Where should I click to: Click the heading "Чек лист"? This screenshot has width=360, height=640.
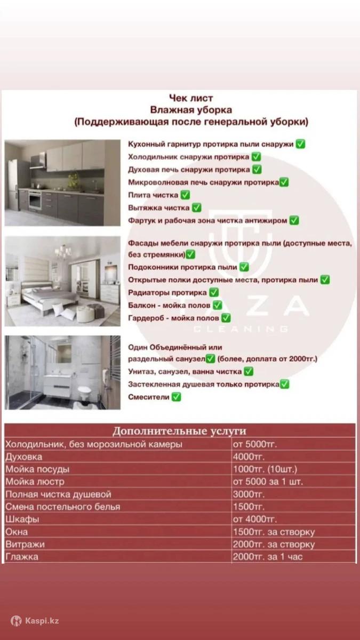pyautogui.click(x=190, y=98)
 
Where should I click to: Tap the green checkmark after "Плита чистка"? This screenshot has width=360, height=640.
pyautogui.click(x=186, y=195)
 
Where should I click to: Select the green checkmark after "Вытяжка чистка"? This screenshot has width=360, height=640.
pyautogui.click(x=196, y=207)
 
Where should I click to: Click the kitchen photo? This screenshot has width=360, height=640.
pyautogui.click(x=62, y=182)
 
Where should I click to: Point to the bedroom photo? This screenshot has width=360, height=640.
pyautogui.click(x=62, y=281)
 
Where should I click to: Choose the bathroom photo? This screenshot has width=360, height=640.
pyautogui.click(x=62, y=372)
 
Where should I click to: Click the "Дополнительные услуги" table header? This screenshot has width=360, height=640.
pyautogui.click(x=179, y=431)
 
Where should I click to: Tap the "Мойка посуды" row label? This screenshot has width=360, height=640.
pyautogui.click(x=37, y=469)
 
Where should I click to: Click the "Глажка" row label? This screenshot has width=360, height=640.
pyautogui.click(x=22, y=557)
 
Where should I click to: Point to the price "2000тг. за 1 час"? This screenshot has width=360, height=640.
pyautogui.click(x=271, y=557)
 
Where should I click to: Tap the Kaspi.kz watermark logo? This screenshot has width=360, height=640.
pyautogui.click(x=35, y=621)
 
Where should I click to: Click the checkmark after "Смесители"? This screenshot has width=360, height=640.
pyautogui.click(x=177, y=397)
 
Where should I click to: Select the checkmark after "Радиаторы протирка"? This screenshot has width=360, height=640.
pyautogui.click(x=214, y=292)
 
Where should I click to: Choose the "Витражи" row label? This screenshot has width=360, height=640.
pyautogui.click(x=25, y=545)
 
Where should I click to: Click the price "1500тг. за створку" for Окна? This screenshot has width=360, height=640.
pyautogui.click(x=274, y=532)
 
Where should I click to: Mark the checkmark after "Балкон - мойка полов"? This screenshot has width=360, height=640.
pyautogui.click(x=217, y=305)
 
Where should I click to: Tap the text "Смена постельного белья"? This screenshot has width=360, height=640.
pyautogui.click(x=63, y=507)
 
